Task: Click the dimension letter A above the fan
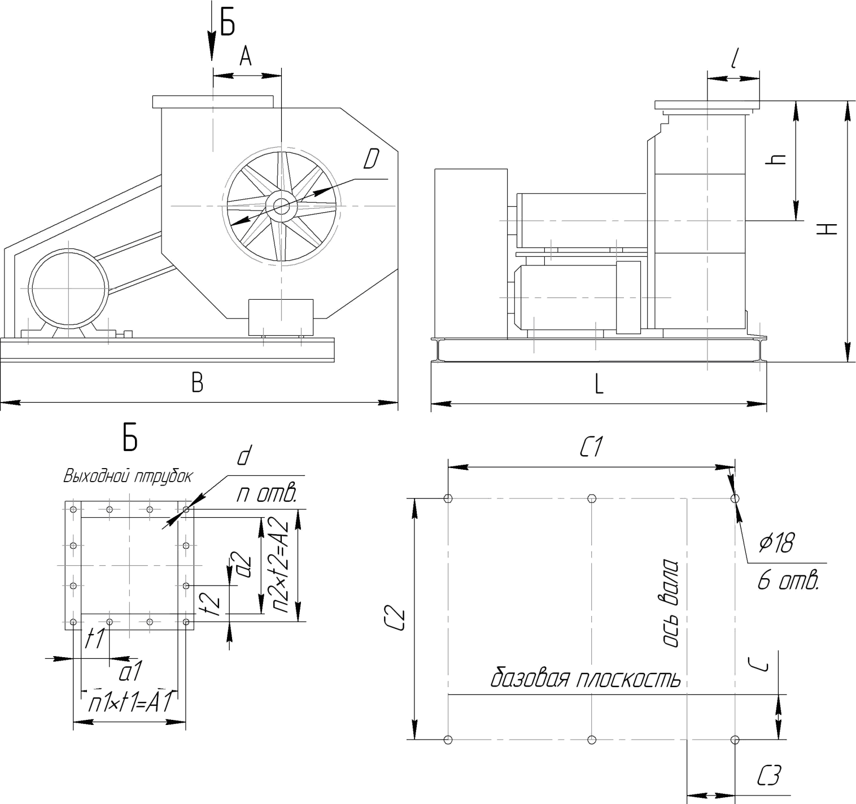point(245,56)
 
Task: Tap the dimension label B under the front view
point(198,382)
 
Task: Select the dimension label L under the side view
point(599,384)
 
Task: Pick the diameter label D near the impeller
point(371,159)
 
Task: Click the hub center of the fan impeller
point(281,206)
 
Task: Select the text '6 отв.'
point(788,581)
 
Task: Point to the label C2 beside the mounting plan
point(396,619)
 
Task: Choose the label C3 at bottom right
point(769,776)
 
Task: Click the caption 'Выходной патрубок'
point(128,477)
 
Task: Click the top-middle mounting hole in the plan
point(592,499)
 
